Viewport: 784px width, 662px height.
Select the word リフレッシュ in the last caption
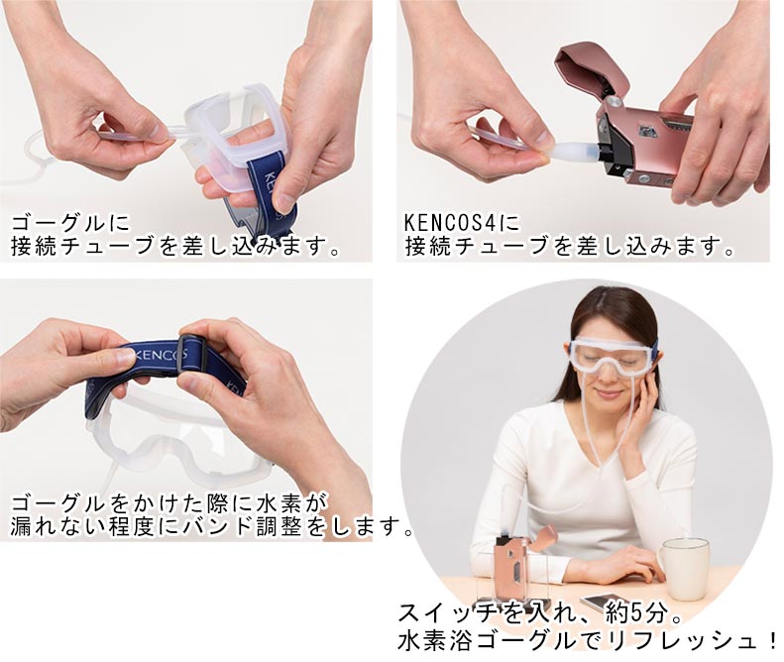pos(684,640)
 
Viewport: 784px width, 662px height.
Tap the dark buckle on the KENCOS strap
pos(191,355)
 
